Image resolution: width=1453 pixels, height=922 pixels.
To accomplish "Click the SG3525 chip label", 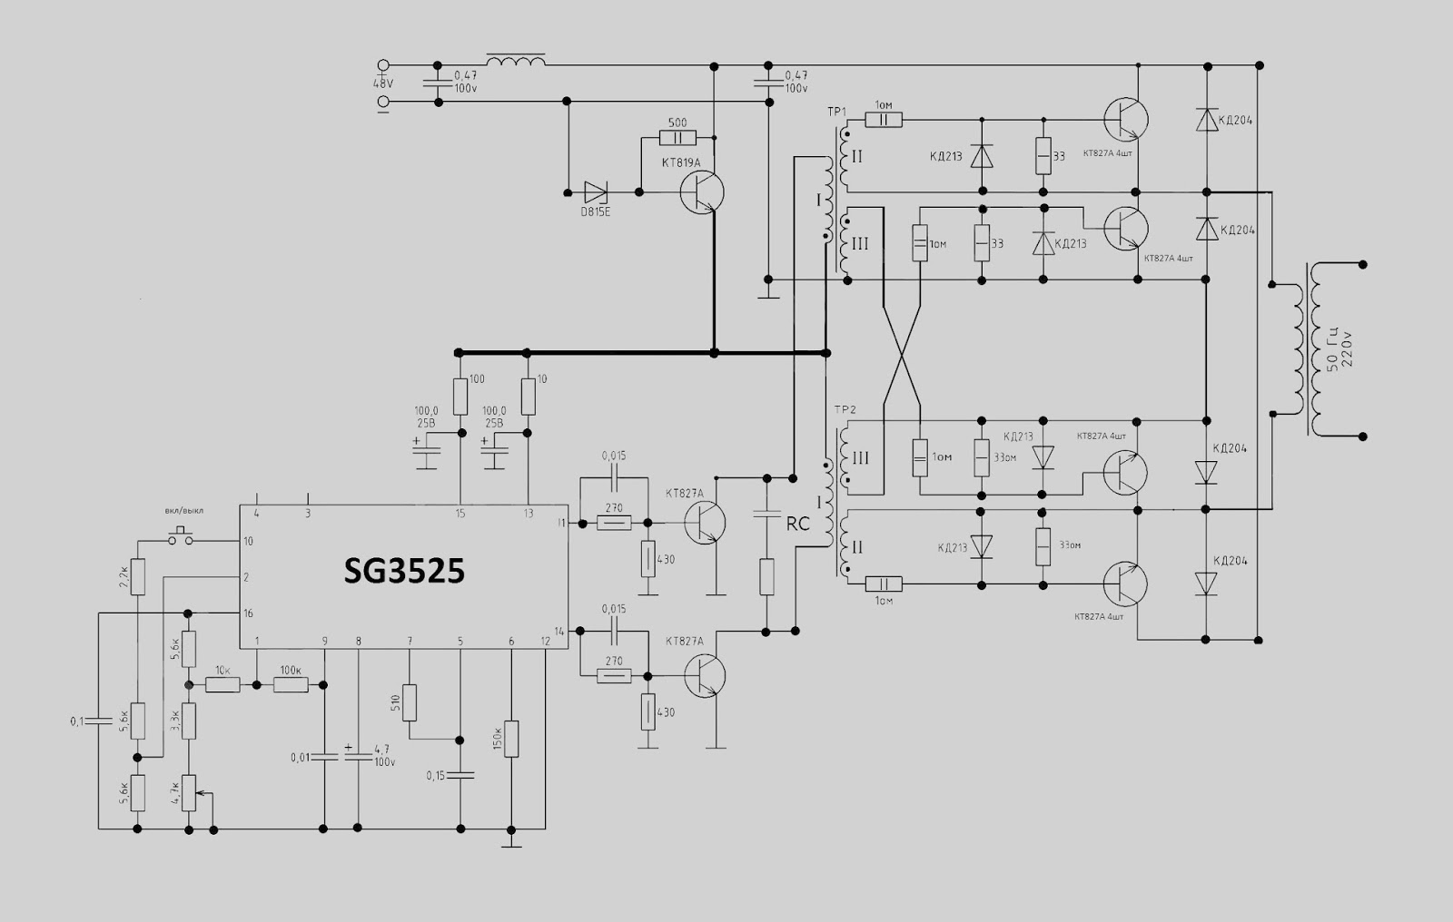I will point(404,570).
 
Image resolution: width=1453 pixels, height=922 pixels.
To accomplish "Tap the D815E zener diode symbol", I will point(596,192).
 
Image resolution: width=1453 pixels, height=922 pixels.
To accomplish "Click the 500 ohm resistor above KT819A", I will point(677,139).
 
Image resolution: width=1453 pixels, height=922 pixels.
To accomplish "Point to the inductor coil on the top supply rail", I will point(516,62).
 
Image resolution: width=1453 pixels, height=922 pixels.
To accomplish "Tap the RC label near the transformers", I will point(797,524).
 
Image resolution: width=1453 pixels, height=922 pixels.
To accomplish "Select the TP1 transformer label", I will point(836,113).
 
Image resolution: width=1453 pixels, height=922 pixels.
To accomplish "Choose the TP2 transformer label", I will point(845,410).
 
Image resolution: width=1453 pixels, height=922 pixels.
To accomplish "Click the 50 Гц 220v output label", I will point(1339,349).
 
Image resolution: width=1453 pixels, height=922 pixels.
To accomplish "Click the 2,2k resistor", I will point(137,576).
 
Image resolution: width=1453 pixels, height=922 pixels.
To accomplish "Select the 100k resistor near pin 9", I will point(291,685).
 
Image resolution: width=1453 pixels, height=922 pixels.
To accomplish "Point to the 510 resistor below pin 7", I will point(410,702).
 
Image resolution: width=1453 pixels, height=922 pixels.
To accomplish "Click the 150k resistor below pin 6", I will point(511,738).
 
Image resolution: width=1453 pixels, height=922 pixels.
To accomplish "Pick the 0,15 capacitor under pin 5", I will point(460,776).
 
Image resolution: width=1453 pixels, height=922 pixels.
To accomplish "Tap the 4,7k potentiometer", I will point(189,792).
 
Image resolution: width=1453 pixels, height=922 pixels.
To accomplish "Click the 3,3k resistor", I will point(189,721).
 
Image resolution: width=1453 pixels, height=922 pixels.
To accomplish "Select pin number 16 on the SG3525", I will point(248,613).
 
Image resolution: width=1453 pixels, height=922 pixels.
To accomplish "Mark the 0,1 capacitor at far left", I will point(98,721).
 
